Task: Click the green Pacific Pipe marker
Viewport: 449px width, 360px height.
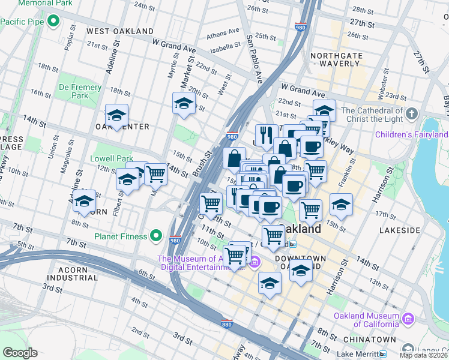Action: click(x=53, y=22)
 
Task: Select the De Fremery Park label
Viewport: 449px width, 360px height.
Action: click(x=80, y=91)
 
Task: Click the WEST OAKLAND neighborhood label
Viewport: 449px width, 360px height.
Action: click(x=120, y=31)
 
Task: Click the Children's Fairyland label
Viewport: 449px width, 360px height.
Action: click(x=411, y=134)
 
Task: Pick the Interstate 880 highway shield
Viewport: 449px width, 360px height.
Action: click(x=226, y=322)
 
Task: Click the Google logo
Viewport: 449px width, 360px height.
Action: click(x=19, y=353)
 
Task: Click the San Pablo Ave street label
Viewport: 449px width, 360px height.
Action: click(x=255, y=59)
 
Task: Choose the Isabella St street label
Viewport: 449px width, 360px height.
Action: click(x=225, y=48)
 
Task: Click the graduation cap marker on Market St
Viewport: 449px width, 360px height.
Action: click(x=184, y=103)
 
